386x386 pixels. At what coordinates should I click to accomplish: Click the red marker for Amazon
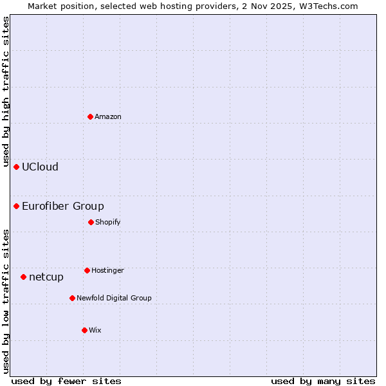90,116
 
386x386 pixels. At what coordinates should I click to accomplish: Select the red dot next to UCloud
16,167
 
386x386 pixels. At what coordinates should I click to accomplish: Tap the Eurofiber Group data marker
16,206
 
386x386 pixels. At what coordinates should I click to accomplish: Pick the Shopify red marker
91,222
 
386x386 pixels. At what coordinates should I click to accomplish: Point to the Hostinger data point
87,270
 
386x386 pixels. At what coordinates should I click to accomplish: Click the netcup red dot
23,277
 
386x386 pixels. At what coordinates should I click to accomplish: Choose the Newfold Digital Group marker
72,298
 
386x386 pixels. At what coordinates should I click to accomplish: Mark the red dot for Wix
84,330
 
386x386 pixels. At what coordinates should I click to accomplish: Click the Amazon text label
108,117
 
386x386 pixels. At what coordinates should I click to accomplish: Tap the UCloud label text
40,167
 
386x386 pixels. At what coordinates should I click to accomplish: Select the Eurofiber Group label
63,207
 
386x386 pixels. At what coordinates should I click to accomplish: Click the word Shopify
108,223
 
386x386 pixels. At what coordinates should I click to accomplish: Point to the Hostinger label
107,271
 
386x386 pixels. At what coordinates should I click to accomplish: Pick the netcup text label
46,277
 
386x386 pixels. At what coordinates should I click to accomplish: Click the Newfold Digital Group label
114,299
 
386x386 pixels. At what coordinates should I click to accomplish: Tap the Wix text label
95,331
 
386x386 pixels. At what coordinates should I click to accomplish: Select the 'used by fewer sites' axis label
66,381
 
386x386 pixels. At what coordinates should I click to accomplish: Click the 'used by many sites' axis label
323,381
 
